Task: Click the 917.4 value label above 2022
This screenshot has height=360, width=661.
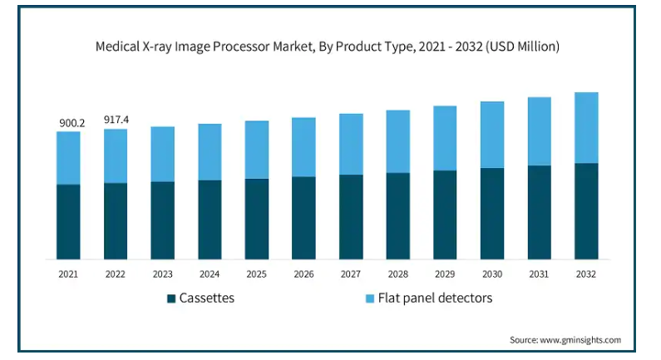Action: pos(116,120)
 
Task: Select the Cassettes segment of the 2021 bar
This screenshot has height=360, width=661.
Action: pos(69,221)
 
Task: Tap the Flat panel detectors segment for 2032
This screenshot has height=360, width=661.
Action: pos(586,127)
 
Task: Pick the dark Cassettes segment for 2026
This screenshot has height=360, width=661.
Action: pos(303,218)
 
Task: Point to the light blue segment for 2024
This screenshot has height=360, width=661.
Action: pos(210,151)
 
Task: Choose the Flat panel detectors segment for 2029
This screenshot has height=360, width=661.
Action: pos(445,138)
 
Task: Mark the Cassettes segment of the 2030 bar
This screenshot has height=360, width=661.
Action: pos(492,214)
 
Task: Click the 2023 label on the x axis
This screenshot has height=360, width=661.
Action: pos(163,274)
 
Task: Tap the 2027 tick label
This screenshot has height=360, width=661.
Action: pos(351,274)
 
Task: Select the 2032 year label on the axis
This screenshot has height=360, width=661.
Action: pos(586,274)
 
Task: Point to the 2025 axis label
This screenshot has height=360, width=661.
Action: pos(257,274)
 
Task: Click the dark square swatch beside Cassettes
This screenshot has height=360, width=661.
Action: pos(171,298)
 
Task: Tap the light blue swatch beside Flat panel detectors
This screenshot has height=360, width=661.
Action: pos(369,298)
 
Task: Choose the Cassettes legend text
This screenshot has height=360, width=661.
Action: pos(207,298)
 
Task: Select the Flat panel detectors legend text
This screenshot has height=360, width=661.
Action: pos(436,298)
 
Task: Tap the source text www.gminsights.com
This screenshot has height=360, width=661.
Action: pos(583,339)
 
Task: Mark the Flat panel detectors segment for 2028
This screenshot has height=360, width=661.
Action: pos(398,141)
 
